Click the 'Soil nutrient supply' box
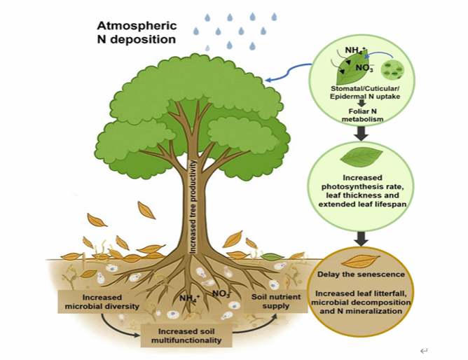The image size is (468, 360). pyautogui.click(x=278, y=300)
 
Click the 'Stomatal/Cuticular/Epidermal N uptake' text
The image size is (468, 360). pyautogui.click(x=364, y=95)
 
